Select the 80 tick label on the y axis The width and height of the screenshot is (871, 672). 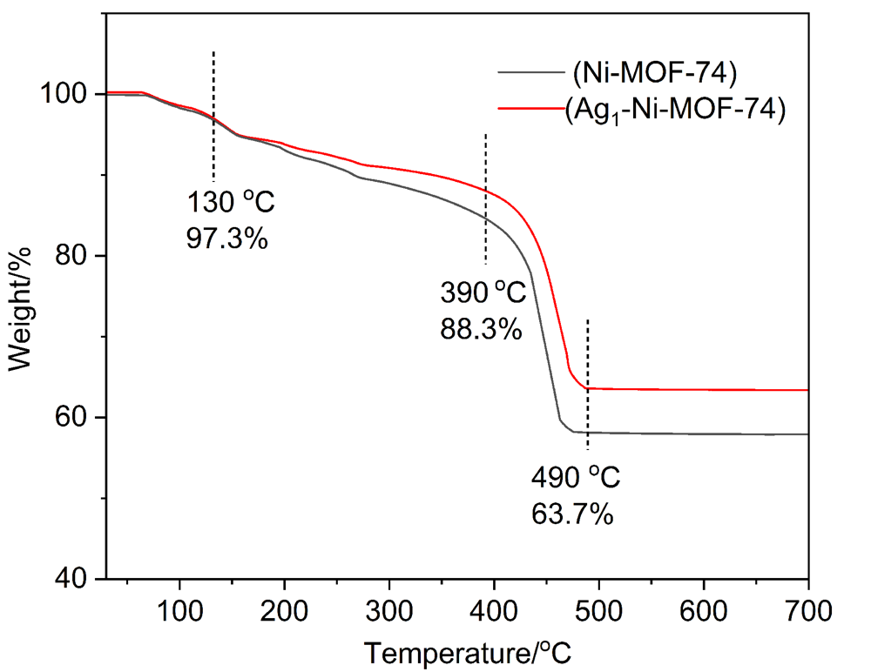(x=75, y=256)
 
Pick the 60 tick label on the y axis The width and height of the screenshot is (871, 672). (x=75, y=418)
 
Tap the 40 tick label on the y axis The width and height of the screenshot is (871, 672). (x=75, y=579)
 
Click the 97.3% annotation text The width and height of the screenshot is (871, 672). (x=226, y=238)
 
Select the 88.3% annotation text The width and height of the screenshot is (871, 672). (x=481, y=329)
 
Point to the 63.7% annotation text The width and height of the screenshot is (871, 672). (x=572, y=514)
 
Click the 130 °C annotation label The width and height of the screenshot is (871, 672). (x=231, y=204)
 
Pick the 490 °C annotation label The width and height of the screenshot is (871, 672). (x=577, y=478)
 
